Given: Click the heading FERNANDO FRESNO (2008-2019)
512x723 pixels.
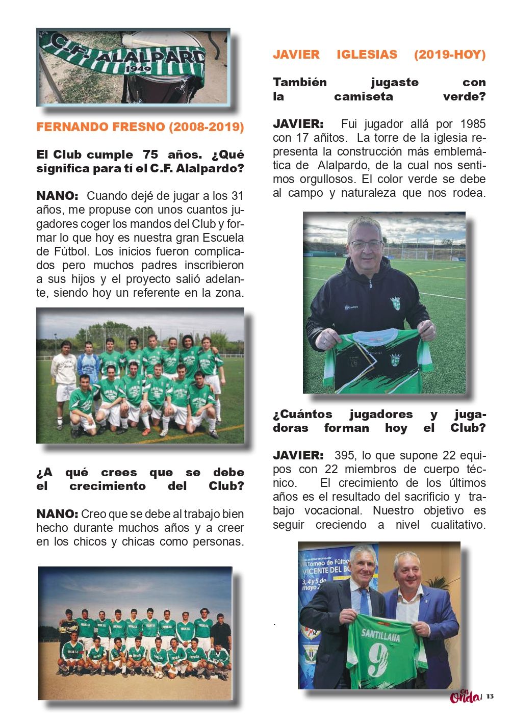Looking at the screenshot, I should (140, 127).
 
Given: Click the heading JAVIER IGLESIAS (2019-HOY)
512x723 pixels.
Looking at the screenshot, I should (379, 55).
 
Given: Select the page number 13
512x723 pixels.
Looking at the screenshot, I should (490, 696).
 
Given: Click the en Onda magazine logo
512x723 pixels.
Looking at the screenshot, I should (465, 695).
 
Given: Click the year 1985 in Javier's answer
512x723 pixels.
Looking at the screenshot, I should (473, 124).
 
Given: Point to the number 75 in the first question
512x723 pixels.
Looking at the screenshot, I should (150, 154).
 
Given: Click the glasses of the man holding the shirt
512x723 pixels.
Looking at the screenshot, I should (366, 245).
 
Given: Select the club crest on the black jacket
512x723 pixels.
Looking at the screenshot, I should (395, 302).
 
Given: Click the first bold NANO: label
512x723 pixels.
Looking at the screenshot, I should (57, 196).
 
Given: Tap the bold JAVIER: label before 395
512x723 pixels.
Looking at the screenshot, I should (298, 455).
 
